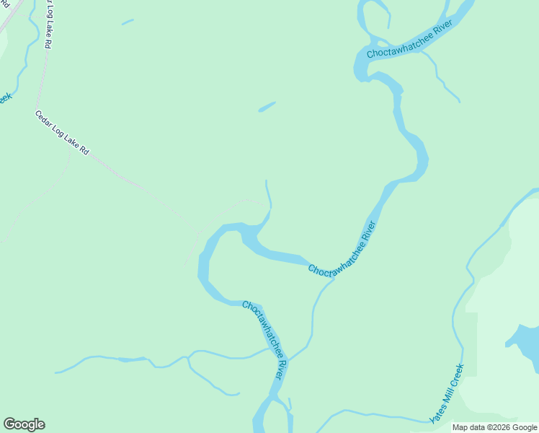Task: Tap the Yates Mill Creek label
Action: [447, 394]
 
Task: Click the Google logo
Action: [24, 424]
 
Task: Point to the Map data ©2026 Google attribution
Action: [494, 427]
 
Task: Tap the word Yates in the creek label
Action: [436, 413]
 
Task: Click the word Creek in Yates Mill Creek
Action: [457, 376]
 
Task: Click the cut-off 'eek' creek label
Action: [4, 97]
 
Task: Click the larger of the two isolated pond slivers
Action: [267, 107]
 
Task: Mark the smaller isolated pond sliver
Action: [128, 22]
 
